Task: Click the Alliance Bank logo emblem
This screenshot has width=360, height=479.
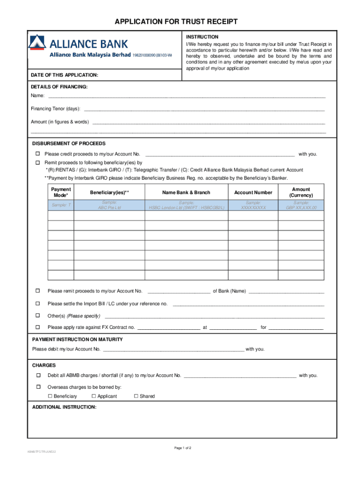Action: click(x=37, y=43)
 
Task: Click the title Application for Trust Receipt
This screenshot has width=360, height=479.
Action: click(x=180, y=22)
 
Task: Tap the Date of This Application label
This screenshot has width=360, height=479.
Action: click(x=65, y=75)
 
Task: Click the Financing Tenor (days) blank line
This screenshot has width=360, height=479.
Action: click(x=203, y=109)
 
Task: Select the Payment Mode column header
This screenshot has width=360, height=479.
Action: click(x=61, y=192)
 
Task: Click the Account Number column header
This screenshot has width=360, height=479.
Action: click(x=253, y=192)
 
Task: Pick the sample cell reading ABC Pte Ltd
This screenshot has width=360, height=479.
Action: click(x=109, y=205)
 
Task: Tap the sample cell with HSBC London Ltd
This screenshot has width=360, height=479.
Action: click(x=186, y=205)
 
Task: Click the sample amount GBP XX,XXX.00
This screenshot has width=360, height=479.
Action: click(x=301, y=205)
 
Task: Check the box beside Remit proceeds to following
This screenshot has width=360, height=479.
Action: click(x=38, y=163)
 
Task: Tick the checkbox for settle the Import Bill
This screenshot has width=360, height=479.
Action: click(x=38, y=304)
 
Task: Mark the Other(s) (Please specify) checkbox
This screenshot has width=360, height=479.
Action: click(x=38, y=316)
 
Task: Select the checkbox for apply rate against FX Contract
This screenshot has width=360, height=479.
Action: click(x=38, y=327)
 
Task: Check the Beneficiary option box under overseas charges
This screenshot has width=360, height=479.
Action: click(x=50, y=396)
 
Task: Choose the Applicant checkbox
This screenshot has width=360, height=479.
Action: click(x=94, y=396)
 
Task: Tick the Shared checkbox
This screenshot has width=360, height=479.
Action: click(x=136, y=396)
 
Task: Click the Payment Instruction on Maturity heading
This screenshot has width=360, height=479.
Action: click(x=77, y=339)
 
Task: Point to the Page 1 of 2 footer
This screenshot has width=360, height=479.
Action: click(x=183, y=448)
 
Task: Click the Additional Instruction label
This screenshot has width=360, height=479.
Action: click(x=64, y=407)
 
